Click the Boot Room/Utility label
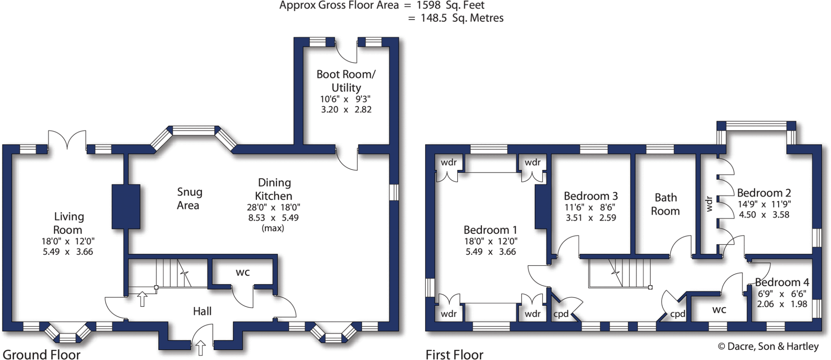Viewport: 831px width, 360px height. [x=346, y=81]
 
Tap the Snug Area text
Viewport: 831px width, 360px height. [x=189, y=198]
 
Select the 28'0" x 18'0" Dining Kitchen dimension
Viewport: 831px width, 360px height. [x=273, y=207]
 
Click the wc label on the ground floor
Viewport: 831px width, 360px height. [x=243, y=272]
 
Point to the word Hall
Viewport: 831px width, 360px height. [x=202, y=311]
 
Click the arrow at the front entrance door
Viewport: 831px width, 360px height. [x=200, y=348]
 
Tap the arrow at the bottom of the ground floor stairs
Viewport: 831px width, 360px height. [x=142, y=299]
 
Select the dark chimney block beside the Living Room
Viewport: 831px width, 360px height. [x=126, y=206]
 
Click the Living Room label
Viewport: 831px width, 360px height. [x=68, y=223]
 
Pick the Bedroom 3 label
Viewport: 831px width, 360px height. [x=591, y=196]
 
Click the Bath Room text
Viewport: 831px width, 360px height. [x=665, y=204]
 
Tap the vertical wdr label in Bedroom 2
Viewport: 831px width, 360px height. [x=709, y=204]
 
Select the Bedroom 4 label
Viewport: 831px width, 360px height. [x=782, y=282]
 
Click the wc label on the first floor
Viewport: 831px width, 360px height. [x=719, y=310]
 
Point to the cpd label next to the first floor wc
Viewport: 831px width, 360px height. [x=678, y=314]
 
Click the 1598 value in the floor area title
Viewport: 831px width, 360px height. [x=429, y=5]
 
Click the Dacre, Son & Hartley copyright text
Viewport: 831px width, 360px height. [x=768, y=346]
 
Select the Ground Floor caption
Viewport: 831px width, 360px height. [x=41, y=354]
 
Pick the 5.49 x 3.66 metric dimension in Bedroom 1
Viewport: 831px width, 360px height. [x=491, y=252]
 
